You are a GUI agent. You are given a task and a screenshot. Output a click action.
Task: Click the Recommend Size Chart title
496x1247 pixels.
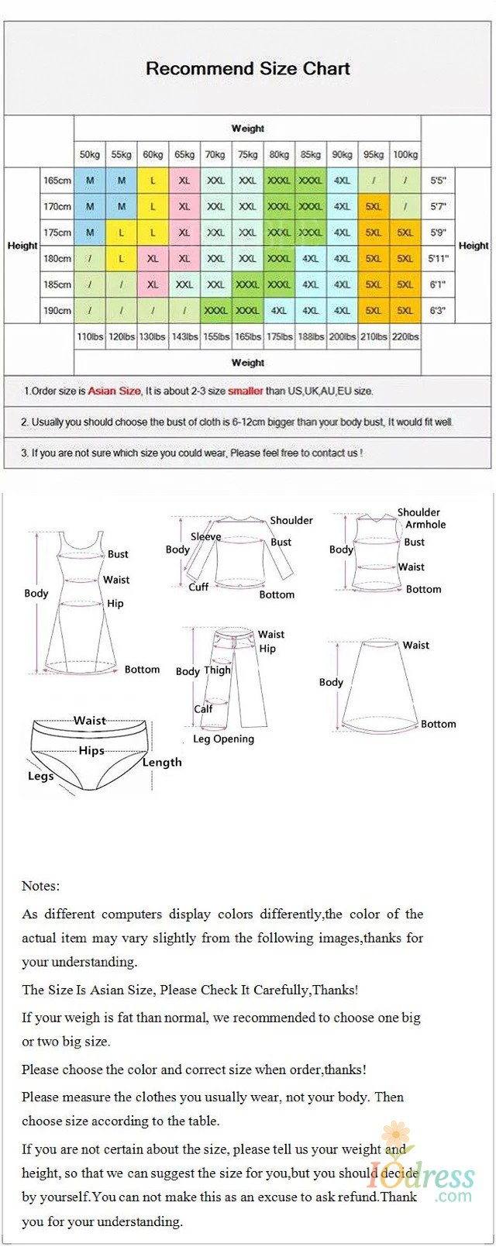point(248,69)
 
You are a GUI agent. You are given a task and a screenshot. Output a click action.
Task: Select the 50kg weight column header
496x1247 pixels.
point(90,155)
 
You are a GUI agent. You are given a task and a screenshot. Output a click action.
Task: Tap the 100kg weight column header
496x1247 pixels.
point(405,155)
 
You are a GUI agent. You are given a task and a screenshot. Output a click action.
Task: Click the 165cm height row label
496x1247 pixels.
point(57,181)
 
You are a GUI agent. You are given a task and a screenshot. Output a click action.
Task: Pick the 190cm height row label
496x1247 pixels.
point(57,311)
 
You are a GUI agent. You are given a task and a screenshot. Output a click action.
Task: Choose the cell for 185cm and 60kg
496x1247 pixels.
point(153,284)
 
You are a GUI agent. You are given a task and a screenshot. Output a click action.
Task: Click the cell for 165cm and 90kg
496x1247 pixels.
point(342,181)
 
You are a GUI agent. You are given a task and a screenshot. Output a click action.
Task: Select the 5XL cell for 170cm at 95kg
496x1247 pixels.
point(374,207)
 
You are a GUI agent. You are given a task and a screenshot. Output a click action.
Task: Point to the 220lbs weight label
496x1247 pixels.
point(405,337)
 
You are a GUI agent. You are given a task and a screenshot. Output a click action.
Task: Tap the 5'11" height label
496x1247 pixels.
point(439,259)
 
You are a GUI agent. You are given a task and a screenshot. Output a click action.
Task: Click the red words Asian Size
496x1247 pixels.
point(114,391)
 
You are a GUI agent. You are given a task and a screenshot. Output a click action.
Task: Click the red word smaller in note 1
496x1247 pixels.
point(246,391)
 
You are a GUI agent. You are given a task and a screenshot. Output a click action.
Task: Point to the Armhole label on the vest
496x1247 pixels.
point(425,525)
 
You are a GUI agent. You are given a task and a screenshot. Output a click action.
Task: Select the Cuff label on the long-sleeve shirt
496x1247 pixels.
point(198,587)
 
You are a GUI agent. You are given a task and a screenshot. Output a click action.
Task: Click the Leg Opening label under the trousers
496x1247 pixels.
point(223,739)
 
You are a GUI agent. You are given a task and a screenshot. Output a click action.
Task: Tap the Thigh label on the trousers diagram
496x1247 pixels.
point(217,670)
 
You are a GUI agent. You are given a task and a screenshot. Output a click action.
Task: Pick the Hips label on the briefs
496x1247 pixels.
point(91,751)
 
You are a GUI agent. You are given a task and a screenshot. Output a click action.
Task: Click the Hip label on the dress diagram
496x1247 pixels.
point(115,604)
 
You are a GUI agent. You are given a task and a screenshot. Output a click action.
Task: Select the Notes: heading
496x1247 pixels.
point(40,886)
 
